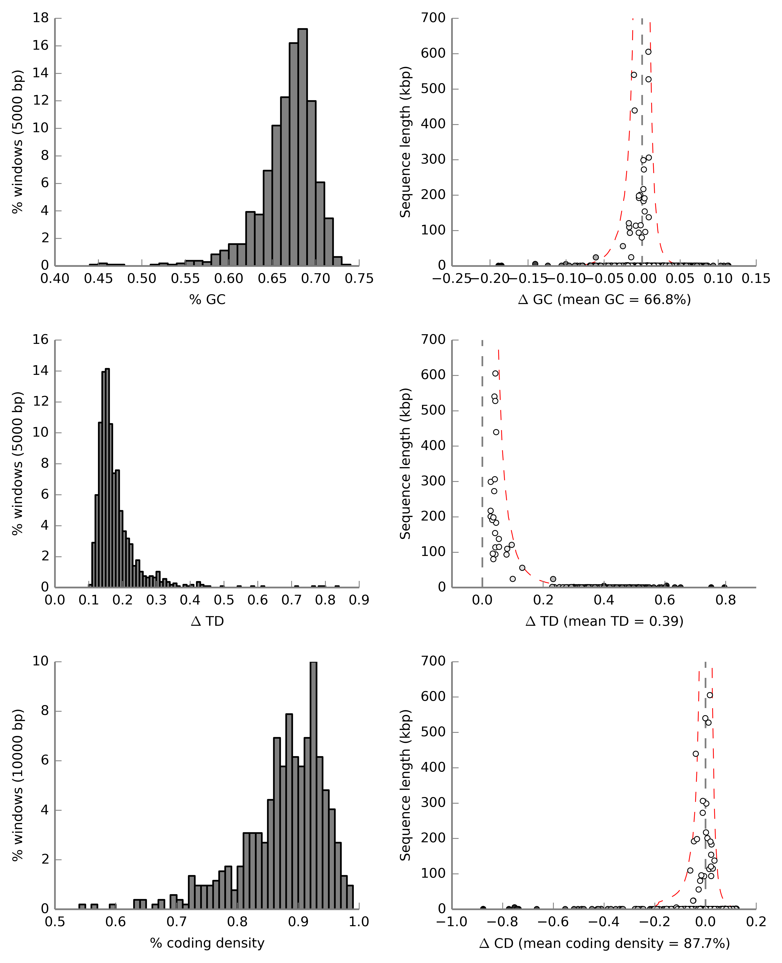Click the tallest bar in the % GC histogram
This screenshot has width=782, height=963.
pos(303,147)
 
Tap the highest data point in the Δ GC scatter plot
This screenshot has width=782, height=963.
pos(648,52)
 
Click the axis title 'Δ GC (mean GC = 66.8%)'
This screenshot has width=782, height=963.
pos(605,300)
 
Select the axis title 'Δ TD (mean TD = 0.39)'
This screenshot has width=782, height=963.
pos(605,621)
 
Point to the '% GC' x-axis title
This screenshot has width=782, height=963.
pos(207,300)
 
